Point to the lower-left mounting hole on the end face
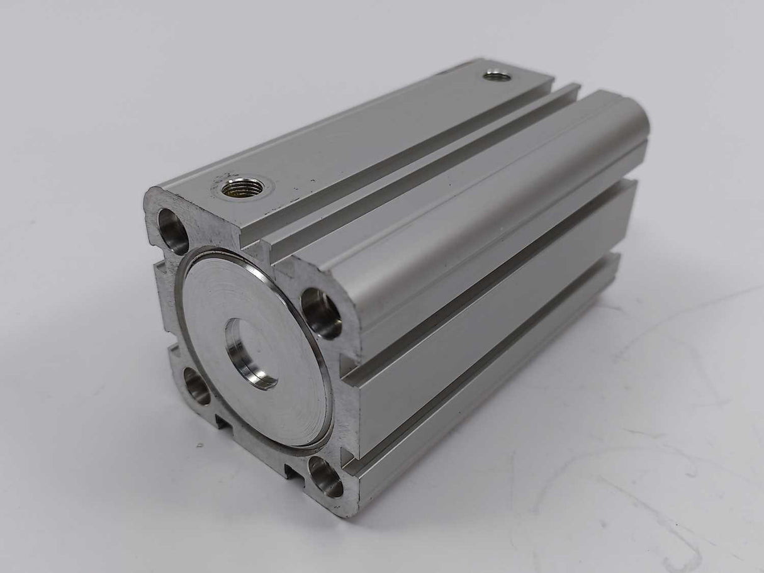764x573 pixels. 198,386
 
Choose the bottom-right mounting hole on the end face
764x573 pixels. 325,477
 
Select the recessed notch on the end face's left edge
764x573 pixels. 162,296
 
